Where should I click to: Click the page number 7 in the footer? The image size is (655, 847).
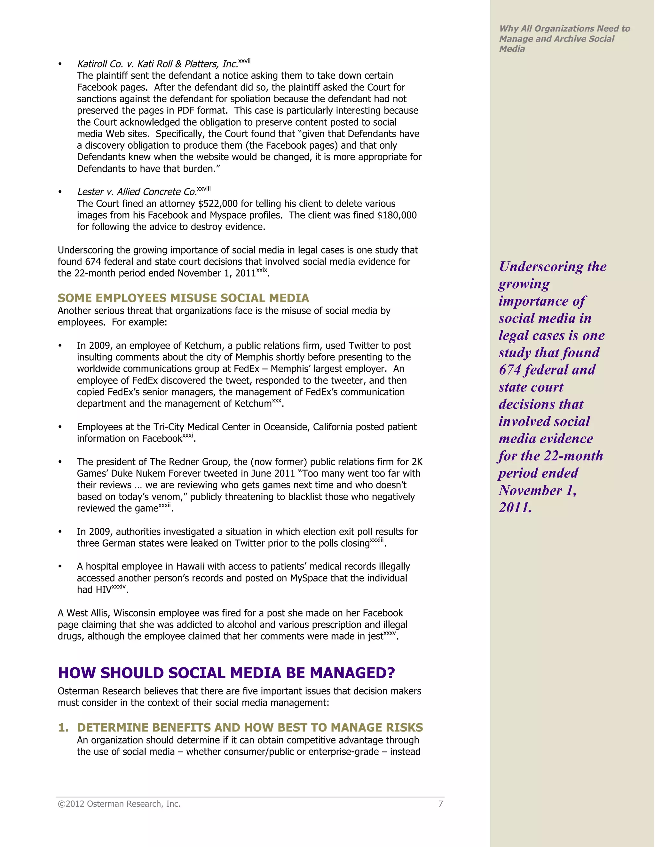[440, 804]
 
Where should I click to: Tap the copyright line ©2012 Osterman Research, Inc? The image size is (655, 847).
[119, 804]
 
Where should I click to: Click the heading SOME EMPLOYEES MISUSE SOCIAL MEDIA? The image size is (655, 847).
[183, 298]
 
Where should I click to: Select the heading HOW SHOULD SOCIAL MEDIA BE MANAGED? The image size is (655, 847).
[226, 673]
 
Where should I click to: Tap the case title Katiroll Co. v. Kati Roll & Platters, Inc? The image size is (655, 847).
[157, 64]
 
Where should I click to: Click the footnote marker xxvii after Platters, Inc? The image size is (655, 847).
[244, 61]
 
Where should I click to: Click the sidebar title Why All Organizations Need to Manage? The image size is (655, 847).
[564, 34]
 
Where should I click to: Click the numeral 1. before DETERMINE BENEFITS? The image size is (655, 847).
[63, 727]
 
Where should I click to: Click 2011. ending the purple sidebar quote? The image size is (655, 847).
[515, 508]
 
